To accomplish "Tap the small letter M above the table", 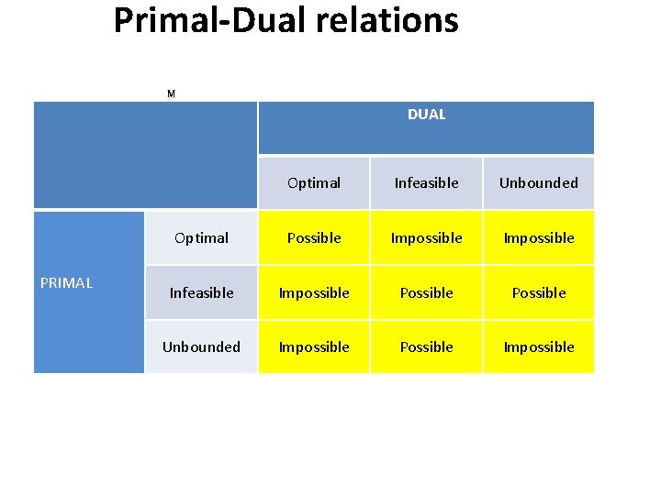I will point(171,93).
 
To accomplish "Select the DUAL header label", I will point(426,115).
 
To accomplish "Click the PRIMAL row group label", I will point(67,283).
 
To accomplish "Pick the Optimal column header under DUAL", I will point(314,183).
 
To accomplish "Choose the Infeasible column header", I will point(426,183).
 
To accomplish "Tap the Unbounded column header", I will point(539,183).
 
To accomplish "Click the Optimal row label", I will point(201,238).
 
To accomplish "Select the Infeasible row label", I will point(201,293).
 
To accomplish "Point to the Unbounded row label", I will point(201,347).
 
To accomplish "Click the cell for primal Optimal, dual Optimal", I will point(314,238).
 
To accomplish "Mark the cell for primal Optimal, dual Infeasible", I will point(426,238).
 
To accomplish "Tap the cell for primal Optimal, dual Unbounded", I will point(539,238).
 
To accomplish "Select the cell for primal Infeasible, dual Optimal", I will point(314,293).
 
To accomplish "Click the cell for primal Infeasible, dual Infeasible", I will point(426,293).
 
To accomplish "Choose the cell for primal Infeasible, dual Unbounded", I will point(539,293).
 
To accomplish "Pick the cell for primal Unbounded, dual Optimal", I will point(314,347).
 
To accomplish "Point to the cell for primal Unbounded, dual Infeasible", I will point(426,347).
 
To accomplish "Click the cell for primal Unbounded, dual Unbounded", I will point(539,347).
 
